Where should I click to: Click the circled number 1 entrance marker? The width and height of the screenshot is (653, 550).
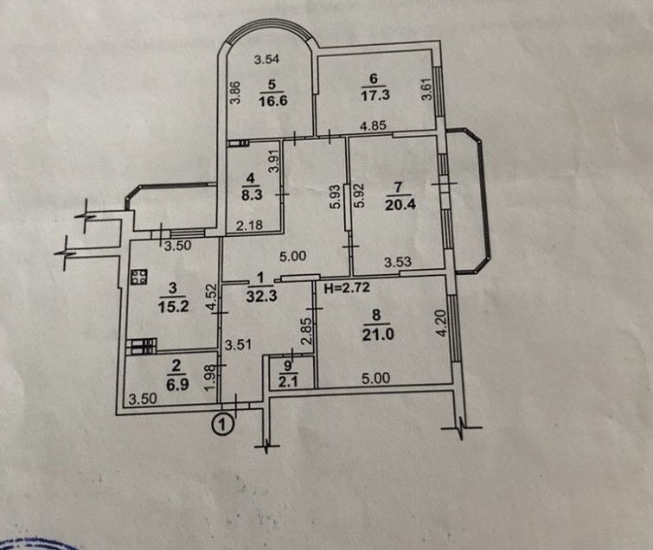click(x=223, y=425)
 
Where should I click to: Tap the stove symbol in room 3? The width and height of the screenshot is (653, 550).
click(x=139, y=277)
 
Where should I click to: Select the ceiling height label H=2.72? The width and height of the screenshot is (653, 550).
click(x=347, y=288)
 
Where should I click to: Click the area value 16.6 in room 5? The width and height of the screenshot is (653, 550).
click(x=273, y=101)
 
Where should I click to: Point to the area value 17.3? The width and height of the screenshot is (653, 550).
click(x=375, y=95)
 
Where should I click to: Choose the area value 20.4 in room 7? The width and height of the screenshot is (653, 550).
click(x=400, y=205)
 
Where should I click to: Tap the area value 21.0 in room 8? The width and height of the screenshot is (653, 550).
click(x=378, y=334)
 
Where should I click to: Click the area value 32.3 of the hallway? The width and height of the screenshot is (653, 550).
click(x=261, y=297)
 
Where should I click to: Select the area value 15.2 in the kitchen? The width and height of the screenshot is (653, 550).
click(x=173, y=307)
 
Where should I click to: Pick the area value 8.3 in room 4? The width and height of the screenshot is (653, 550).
click(x=252, y=195)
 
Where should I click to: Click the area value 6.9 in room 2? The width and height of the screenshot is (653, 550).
click(x=177, y=384)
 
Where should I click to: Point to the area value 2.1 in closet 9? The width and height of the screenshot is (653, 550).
click(x=289, y=381)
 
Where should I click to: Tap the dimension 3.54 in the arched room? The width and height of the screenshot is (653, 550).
click(x=266, y=60)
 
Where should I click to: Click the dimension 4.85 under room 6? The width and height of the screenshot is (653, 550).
click(x=373, y=125)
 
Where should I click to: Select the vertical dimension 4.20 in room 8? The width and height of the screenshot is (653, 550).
click(x=442, y=323)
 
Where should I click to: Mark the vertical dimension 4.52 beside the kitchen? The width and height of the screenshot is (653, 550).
click(x=212, y=297)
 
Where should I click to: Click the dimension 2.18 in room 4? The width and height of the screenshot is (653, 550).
click(x=249, y=225)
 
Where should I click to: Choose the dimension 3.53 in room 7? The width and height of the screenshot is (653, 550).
click(x=398, y=262)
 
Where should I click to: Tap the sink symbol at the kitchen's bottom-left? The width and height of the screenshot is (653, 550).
click(x=142, y=347)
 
